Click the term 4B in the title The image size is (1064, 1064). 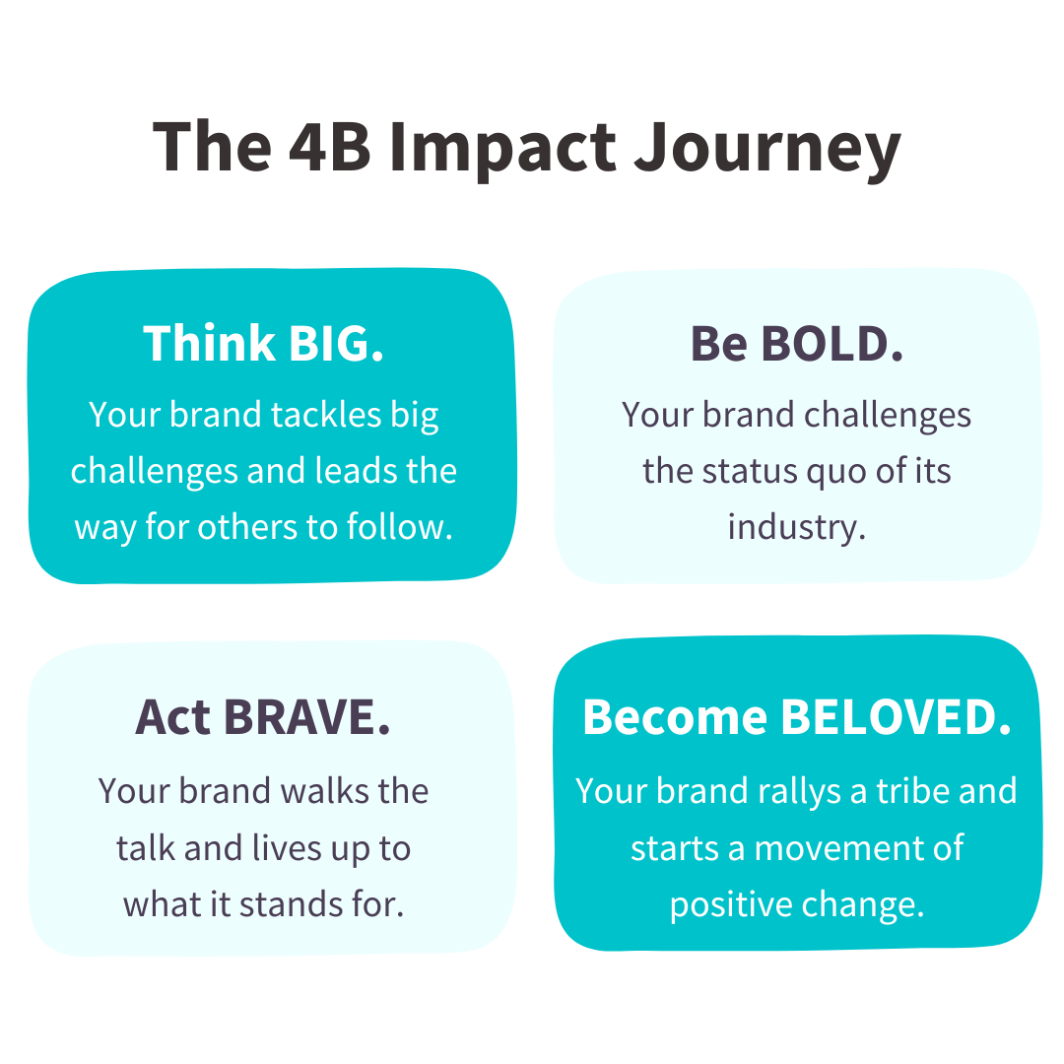click(330, 147)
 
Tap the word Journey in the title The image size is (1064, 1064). click(767, 151)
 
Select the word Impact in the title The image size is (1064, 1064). click(502, 151)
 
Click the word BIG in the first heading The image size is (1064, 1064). click(336, 344)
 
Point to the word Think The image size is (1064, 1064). click(209, 343)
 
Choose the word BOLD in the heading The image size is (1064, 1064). click(831, 344)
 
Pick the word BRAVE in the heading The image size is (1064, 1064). click(306, 717)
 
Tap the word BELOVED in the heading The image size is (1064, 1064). click(896, 717)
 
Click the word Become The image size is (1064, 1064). click(675, 716)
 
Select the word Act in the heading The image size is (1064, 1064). click(172, 717)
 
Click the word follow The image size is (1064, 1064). click(400, 526)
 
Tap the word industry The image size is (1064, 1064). click(797, 527)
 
